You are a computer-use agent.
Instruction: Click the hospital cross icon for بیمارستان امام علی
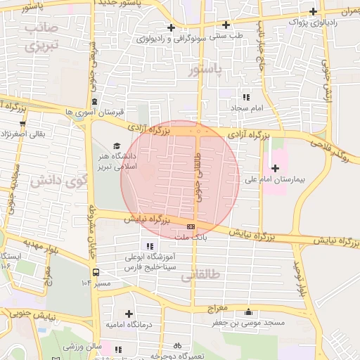(x=275, y=168)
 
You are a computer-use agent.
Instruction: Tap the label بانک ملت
(x=193, y=239)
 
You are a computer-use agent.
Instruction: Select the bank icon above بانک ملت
(x=191, y=226)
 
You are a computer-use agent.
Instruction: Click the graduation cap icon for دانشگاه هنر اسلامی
(x=116, y=146)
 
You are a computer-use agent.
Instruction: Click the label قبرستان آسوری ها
(x=94, y=112)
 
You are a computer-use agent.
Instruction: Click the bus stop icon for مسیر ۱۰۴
(x=95, y=272)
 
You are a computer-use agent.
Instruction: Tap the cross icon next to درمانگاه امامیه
(x=128, y=314)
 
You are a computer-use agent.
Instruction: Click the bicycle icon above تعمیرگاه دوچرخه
(x=177, y=345)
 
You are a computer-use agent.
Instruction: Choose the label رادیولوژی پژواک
(x=314, y=22)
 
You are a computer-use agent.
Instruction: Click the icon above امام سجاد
(x=246, y=97)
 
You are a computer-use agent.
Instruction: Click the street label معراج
(x=219, y=309)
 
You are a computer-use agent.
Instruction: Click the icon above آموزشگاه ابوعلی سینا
(x=148, y=245)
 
